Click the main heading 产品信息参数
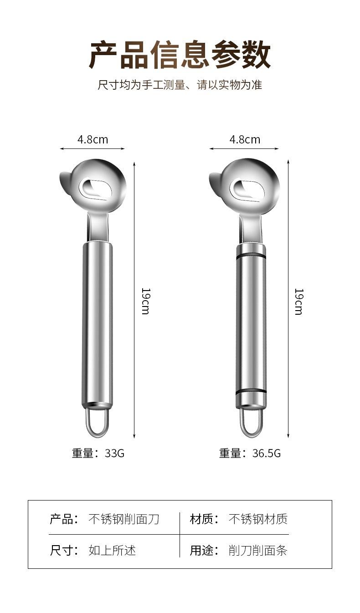180,55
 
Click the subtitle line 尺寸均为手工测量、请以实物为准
180,85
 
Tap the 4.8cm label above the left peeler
93,139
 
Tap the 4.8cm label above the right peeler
245,139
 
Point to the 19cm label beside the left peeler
146,301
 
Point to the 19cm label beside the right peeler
299,301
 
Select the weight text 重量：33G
98,453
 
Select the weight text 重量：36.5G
250,453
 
